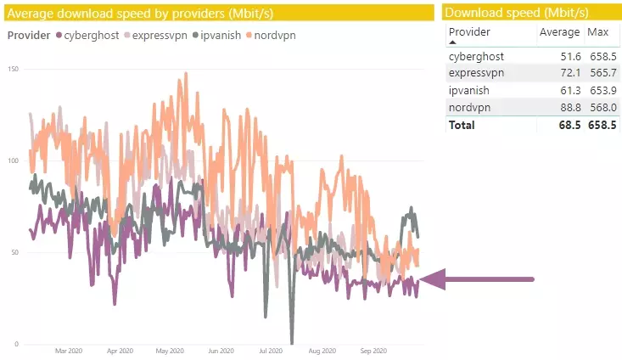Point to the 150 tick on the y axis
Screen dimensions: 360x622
(13, 68)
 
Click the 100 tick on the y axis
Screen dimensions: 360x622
(13, 160)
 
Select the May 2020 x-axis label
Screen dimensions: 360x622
(170, 350)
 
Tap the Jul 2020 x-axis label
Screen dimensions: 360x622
(271, 350)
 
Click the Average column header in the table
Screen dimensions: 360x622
(560, 32)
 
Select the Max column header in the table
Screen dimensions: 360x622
(598, 32)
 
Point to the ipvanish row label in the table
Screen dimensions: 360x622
(471, 90)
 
